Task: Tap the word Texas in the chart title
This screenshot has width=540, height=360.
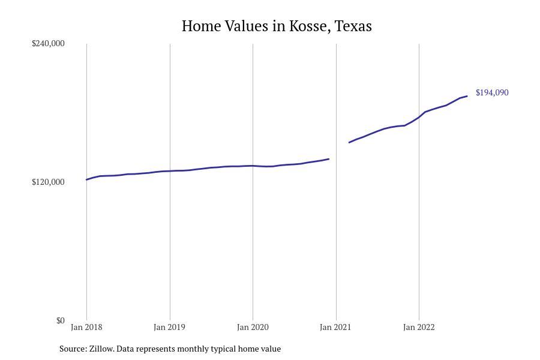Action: (x=353, y=26)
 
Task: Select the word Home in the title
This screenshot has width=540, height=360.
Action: (x=200, y=26)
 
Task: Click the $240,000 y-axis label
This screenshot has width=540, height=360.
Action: (x=48, y=43)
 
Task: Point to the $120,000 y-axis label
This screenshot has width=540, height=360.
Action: (x=48, y=182)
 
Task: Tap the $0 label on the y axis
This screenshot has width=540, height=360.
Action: (x=60, y=320)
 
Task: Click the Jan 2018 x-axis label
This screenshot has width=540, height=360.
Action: (x=86, y=327)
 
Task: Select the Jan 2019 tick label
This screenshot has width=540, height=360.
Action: (x=169, y=327)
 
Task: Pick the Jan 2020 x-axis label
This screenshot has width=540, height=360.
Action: (x=253, y=327)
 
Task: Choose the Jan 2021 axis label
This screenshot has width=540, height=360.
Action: (x=335, y=327)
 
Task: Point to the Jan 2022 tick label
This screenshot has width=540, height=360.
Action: (x=419, y=327)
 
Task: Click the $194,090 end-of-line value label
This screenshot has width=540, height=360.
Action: (x=492, y=92)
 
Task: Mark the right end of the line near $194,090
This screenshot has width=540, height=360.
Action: (x=467, y=96)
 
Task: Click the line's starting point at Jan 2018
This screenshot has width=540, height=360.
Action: (x=87, y=179)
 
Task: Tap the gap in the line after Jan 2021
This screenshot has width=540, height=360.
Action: (x=339, y=150)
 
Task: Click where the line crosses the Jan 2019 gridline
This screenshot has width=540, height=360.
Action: (x=170, y=171)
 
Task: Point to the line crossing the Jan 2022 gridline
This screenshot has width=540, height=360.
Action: (x=419, y=117)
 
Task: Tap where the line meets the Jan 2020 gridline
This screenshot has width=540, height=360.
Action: (x=253, y=166)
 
